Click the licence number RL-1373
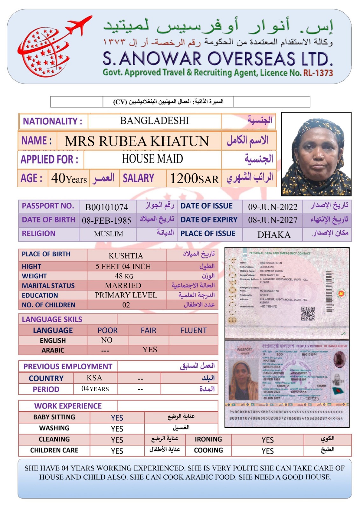tap(318, 73)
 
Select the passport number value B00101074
tap(107, 207)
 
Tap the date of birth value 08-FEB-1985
tap(106, 220)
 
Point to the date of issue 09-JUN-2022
tap(272, 207)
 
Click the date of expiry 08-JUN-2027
tap(272, 220)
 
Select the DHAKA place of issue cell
tap(274, 235)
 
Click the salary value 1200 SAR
tap(194, 179)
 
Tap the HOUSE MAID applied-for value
tap(152, 159)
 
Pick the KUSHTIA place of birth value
tap(126, 256)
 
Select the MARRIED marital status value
tap(123, 285)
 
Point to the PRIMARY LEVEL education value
tap(126, 295)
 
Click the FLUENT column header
tap(193, 331)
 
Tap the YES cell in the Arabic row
tap(150, 350)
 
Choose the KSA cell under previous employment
tap(94, 378)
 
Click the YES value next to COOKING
tap(267, 451)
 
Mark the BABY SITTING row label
tap(54, 417)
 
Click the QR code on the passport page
tap(308, 313)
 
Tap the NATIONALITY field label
tap(53, 121)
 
